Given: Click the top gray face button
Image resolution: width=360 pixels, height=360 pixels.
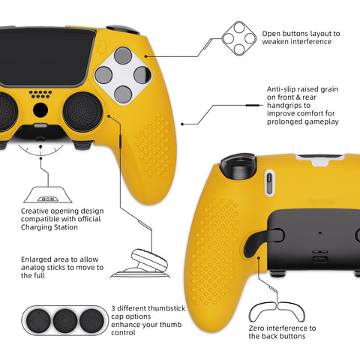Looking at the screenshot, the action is pyautogui.click(x=123, y=55).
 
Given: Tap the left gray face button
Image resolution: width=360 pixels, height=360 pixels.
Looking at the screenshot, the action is pyautogui.click(x=103, y=75).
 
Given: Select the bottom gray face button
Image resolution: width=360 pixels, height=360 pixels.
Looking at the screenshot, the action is pyautogui.click(x=123, y=94).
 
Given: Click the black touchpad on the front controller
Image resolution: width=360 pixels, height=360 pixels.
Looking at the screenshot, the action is pyautogui.click(x=45, y=57).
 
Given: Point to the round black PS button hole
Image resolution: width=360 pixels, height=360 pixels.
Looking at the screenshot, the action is pyautogui.click(x=40, y=110).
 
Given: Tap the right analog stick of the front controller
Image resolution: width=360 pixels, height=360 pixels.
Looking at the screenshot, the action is pyautogui.click(x=82, y=112).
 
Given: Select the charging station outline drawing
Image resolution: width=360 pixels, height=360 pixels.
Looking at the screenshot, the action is pyautogui.click(x=48, y=194).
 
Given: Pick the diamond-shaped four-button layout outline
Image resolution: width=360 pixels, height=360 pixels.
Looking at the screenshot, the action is pyautogui.click(x=239, y=39).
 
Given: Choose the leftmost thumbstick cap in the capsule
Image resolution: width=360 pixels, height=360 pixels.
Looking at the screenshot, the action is pyautogui.click(x=38, y=320).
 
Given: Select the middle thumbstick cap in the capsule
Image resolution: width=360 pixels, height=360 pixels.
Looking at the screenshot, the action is pyautogui.click(x=65, y=320).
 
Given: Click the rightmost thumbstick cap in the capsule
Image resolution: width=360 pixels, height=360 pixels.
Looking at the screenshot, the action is pyautogui.click(x=91, y=320).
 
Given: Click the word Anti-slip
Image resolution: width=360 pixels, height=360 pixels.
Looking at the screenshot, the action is pyautogui.click(x=280, y=89).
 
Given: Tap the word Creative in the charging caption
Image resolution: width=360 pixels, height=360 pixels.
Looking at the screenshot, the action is pyautogui.click(x=35, y=211).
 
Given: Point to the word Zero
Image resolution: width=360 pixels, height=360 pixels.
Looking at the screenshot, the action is pyautogui.click(x=256, y=328).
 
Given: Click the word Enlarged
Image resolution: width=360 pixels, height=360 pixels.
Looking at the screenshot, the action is pyautogui.click(x=37, y=259).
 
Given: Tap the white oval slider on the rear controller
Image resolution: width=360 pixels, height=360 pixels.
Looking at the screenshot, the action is pyautogui.click(x=269, y=182).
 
